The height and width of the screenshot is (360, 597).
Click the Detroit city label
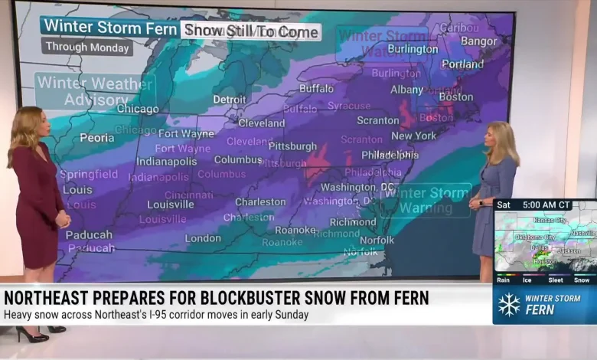(x=230, y=100)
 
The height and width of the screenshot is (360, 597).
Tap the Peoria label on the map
(x=97, y=138)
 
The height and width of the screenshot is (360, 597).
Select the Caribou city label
(x=458, y=28)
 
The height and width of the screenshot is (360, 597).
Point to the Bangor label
(x=479, y=41)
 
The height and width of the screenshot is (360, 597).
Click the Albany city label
(x=406, y=90)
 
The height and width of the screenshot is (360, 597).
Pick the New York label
(x=413, y=136)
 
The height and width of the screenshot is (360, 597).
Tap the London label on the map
(x=203, y=238)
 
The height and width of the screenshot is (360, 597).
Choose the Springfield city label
(x=90, y=175)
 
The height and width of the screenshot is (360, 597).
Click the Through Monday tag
(x=87, y=47)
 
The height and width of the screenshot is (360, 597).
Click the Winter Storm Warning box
(x=426, y=199)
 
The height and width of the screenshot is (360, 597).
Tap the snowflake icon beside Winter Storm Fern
(x=509, y=304)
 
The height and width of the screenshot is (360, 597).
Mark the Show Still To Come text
(x=251, y=31)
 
